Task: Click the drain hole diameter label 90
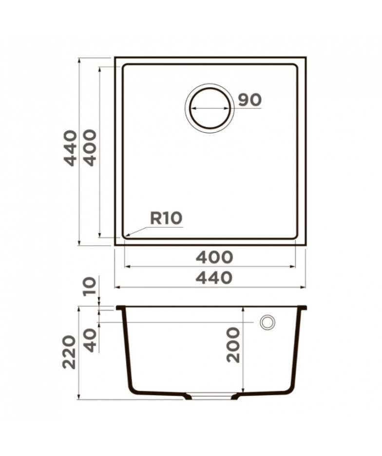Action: pyautogui.click(x=250, y=100)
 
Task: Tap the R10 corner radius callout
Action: pyautogui.click(x=166, y=218)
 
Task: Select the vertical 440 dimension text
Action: pyautogui.click(x=71, y=148)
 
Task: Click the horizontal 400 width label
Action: pyautogui.click(x=214, y=258)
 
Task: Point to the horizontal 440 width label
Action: pyautogui.click(x=214, y=278)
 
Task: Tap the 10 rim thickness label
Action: pyautogui.click(x=89, y=286)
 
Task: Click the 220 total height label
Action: pyautogui.click(x=70, y=353)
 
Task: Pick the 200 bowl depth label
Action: pyautogui.click(x=233, y=345)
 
